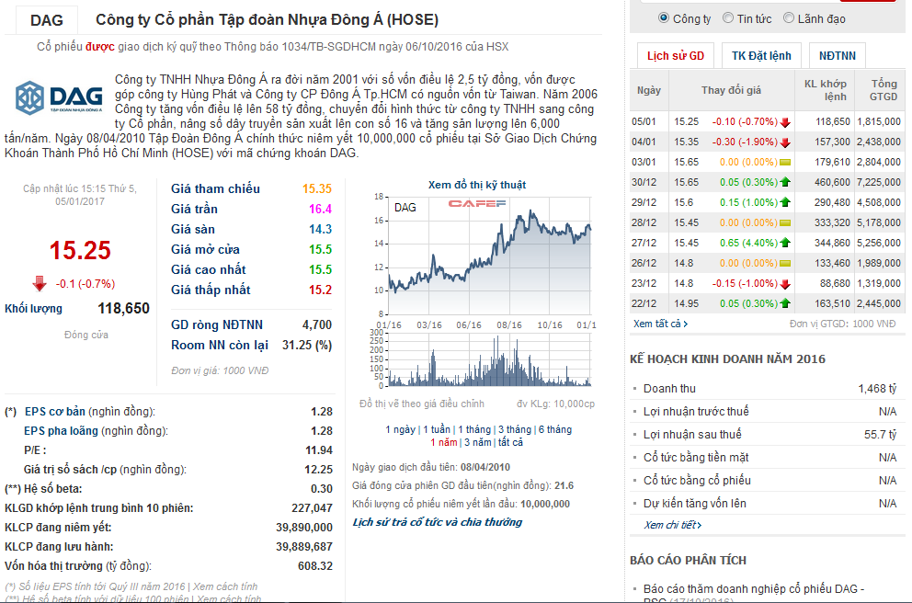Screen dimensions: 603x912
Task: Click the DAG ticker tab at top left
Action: coord(47,19)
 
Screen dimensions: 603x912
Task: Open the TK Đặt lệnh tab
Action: coord(761,56)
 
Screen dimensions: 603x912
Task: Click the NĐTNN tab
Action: coord(838,56)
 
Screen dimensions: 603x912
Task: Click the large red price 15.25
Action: coord(79,250)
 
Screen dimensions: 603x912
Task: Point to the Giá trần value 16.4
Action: coord(320,209)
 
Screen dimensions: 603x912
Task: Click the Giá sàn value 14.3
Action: coord(320,229)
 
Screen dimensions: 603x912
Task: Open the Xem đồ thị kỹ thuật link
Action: coord(477,185)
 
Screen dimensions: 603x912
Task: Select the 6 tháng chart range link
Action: coord(554,429)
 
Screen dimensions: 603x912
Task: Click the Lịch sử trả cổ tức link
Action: coord(438,522)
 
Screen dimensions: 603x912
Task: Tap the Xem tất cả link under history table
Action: coord(660,324)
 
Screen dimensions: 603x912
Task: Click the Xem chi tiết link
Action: coord(672,525)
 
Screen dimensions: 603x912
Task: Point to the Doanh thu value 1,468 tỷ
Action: coord(876,389)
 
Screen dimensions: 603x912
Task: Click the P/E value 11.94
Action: coord(318,450)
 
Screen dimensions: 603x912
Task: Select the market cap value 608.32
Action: coord(314,566)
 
